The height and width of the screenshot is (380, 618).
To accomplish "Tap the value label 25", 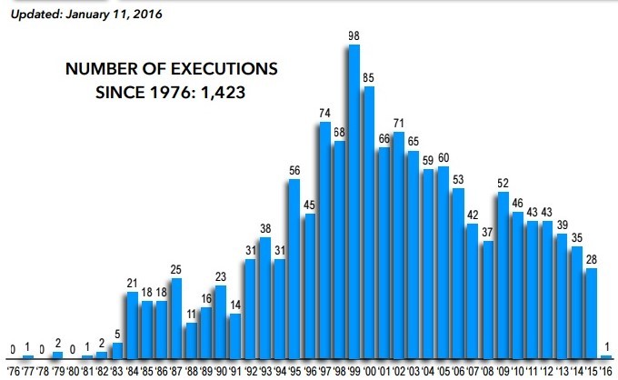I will click(175, 269).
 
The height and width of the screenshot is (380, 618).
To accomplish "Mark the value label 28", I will click(591, 260).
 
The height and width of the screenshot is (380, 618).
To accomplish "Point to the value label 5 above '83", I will click(117, 334).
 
